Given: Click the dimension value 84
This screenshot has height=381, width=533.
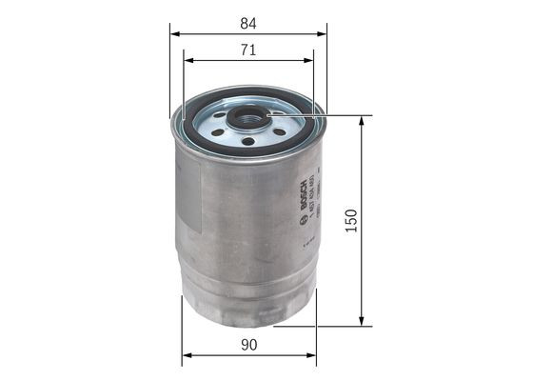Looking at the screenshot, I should (x=248, y=20).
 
